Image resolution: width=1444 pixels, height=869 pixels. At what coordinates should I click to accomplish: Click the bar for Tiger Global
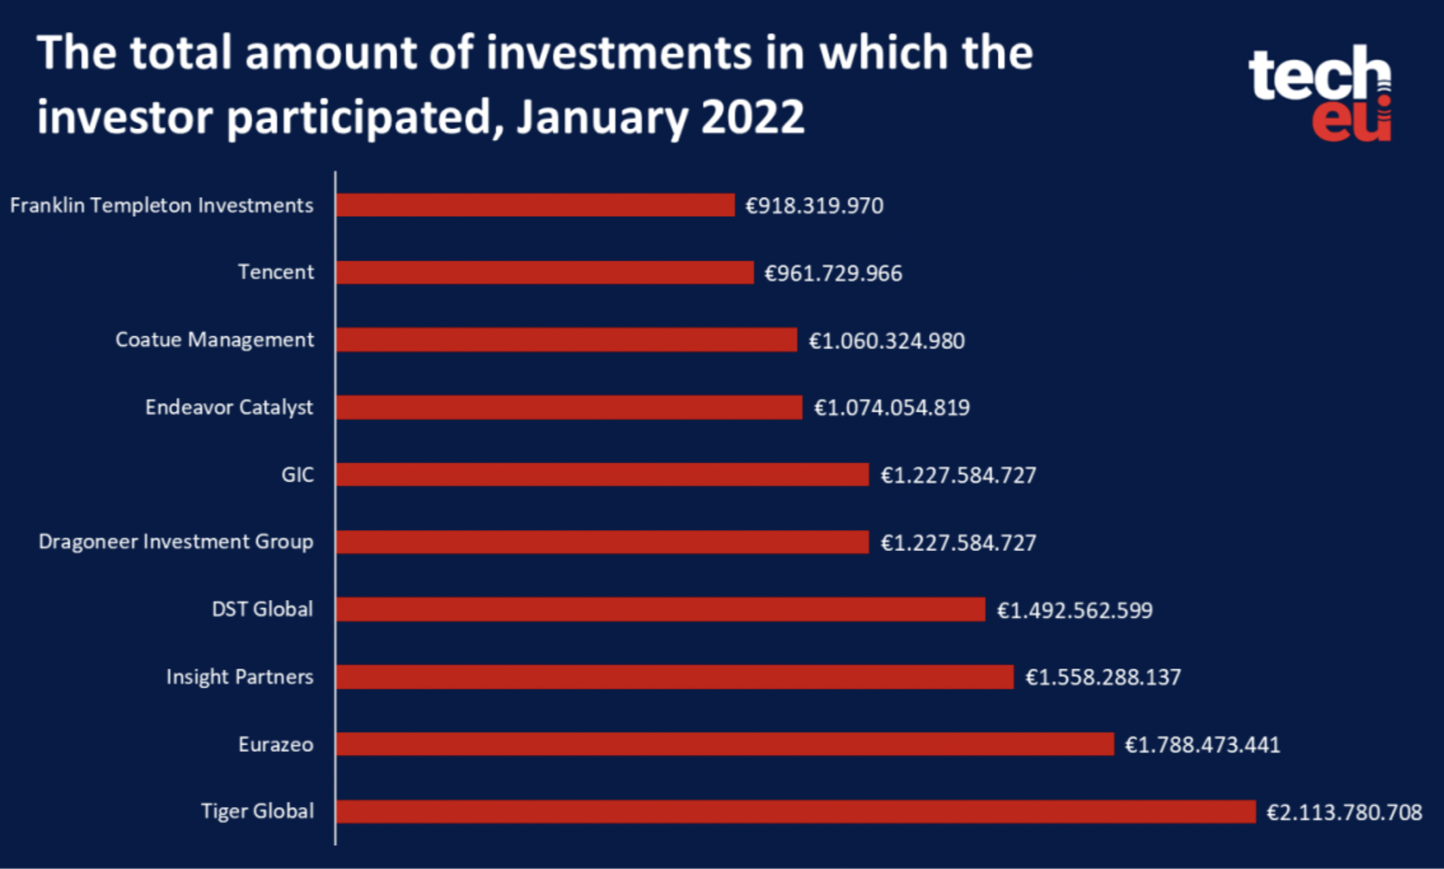[x=795, y=812]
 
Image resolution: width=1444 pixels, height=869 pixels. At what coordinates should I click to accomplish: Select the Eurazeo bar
[x=724, y=744]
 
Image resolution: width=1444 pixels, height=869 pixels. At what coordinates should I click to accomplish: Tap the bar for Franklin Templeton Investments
[x=535, y=205]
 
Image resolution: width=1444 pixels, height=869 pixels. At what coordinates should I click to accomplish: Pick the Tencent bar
[x=544, y=272]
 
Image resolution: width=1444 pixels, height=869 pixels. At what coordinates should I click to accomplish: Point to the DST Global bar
[x=660, y=609]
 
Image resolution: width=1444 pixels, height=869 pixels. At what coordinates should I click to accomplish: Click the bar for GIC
[x=602, y=474]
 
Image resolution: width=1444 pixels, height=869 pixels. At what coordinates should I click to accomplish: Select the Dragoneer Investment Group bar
[x=602, y=542]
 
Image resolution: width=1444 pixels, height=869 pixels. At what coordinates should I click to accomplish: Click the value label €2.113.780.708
[x=1344, y=812]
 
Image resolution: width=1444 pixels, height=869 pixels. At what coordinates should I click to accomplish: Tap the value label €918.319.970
[x=814, y=205]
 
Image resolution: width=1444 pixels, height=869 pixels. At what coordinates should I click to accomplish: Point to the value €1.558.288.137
[x=1103, y=677]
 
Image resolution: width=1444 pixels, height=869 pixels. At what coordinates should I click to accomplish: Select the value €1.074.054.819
[x=892, y=407]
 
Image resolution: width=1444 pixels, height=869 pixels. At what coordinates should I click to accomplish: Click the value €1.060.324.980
[x=886, y=340]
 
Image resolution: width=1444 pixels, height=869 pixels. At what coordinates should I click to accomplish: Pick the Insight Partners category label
[x=239, y=677]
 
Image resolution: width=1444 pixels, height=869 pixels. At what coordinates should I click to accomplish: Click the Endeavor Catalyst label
[x=229, y=407]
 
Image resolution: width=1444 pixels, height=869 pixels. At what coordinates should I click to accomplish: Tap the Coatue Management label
[x=214, y=340]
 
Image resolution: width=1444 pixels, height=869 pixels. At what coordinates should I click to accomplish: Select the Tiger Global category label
[x=257, y=811]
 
